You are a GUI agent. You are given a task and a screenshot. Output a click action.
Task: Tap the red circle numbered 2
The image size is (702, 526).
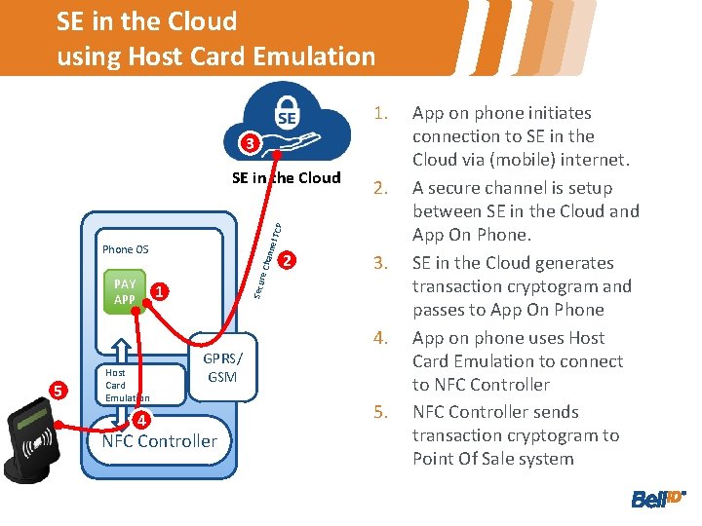coord(286,260)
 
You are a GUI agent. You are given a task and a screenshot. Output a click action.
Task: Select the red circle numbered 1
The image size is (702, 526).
coord(161,291)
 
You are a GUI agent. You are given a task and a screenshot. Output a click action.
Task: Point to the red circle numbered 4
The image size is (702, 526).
coord(140,421)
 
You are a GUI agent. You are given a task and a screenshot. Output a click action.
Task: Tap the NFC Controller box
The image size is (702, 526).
coord(160,441)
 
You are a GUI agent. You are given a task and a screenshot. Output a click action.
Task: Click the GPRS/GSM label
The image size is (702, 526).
coord(222,367)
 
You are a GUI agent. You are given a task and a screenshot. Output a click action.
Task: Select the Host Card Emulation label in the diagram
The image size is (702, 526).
coord(127,385)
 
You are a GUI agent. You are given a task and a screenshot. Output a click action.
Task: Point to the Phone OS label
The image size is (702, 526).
coord(125,249)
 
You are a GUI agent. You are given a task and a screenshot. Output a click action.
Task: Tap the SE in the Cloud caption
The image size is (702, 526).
coord(287,177)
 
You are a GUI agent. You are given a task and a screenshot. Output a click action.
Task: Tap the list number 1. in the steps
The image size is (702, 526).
coord(381,113)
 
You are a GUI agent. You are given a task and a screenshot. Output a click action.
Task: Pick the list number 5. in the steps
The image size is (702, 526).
coord(381,412)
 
